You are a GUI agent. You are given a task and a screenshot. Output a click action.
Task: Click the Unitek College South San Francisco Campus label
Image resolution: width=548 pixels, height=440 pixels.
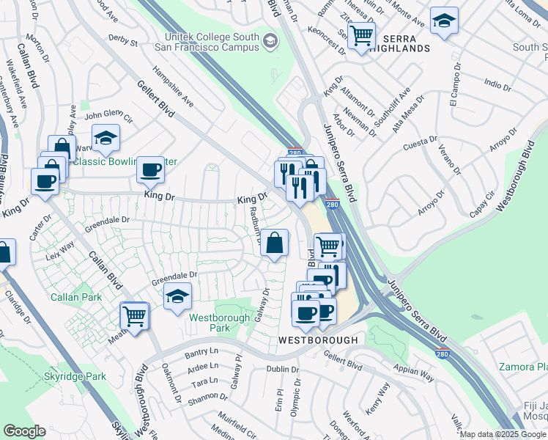pos(207,42)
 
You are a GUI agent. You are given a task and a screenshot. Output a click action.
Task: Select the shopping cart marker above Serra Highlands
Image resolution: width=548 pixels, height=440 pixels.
pos(361,34)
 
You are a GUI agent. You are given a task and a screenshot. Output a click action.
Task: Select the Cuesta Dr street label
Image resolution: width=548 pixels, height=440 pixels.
pos(420,144)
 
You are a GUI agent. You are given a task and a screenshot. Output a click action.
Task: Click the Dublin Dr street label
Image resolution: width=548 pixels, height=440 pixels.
pos(284,370)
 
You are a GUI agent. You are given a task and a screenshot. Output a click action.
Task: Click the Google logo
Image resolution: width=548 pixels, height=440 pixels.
pos(24,431)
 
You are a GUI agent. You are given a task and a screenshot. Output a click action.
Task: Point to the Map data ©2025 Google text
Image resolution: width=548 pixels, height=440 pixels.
pos(503,434)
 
